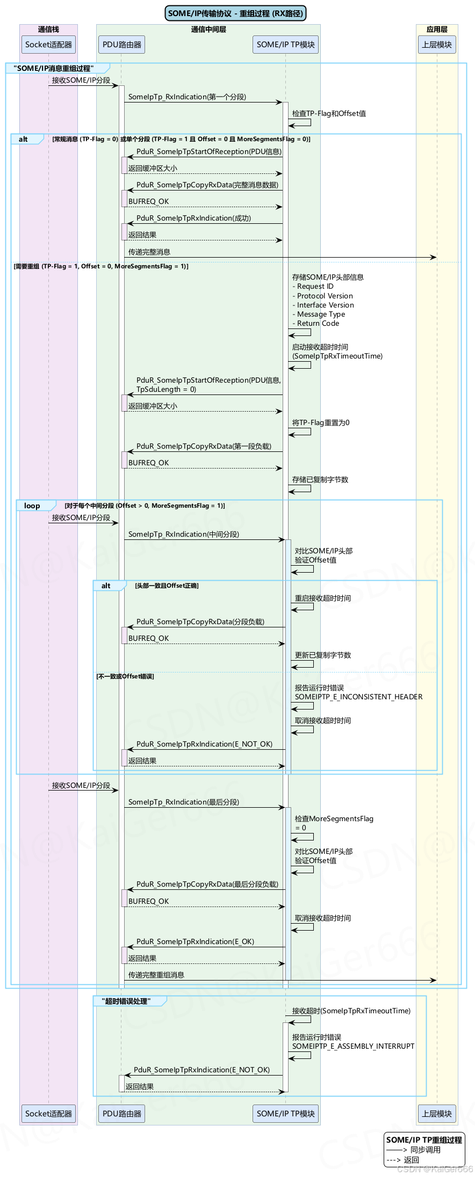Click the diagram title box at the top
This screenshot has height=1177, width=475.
coord(235,13)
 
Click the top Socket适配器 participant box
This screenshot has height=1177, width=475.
coord(48,45)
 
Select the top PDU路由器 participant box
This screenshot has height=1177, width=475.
coord(122,45)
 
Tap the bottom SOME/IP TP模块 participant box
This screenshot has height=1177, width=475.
coord(285,1114)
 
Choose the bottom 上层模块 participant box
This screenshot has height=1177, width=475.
coord(437,1114)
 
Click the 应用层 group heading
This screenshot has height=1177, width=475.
coord(437,30)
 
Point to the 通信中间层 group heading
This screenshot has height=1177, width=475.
coord(208,30)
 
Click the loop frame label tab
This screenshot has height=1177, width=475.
coord(32,506)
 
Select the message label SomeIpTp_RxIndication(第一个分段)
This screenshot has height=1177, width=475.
coord(187,97)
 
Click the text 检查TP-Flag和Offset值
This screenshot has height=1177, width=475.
coord(329,114)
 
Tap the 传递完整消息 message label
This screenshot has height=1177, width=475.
coord(149,252)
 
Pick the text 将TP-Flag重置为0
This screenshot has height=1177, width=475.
coord(321,423)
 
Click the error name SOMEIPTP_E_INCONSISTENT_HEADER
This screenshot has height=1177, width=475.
coord(358,697)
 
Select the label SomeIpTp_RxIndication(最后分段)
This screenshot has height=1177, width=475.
coord(184,802)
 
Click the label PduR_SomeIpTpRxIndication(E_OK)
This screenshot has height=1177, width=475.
coord(195,942)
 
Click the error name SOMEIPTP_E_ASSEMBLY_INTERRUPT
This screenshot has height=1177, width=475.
coord(353,1047)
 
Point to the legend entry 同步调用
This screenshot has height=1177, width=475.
coord(425,1150)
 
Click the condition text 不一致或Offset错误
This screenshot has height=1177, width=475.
coord(125,677)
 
